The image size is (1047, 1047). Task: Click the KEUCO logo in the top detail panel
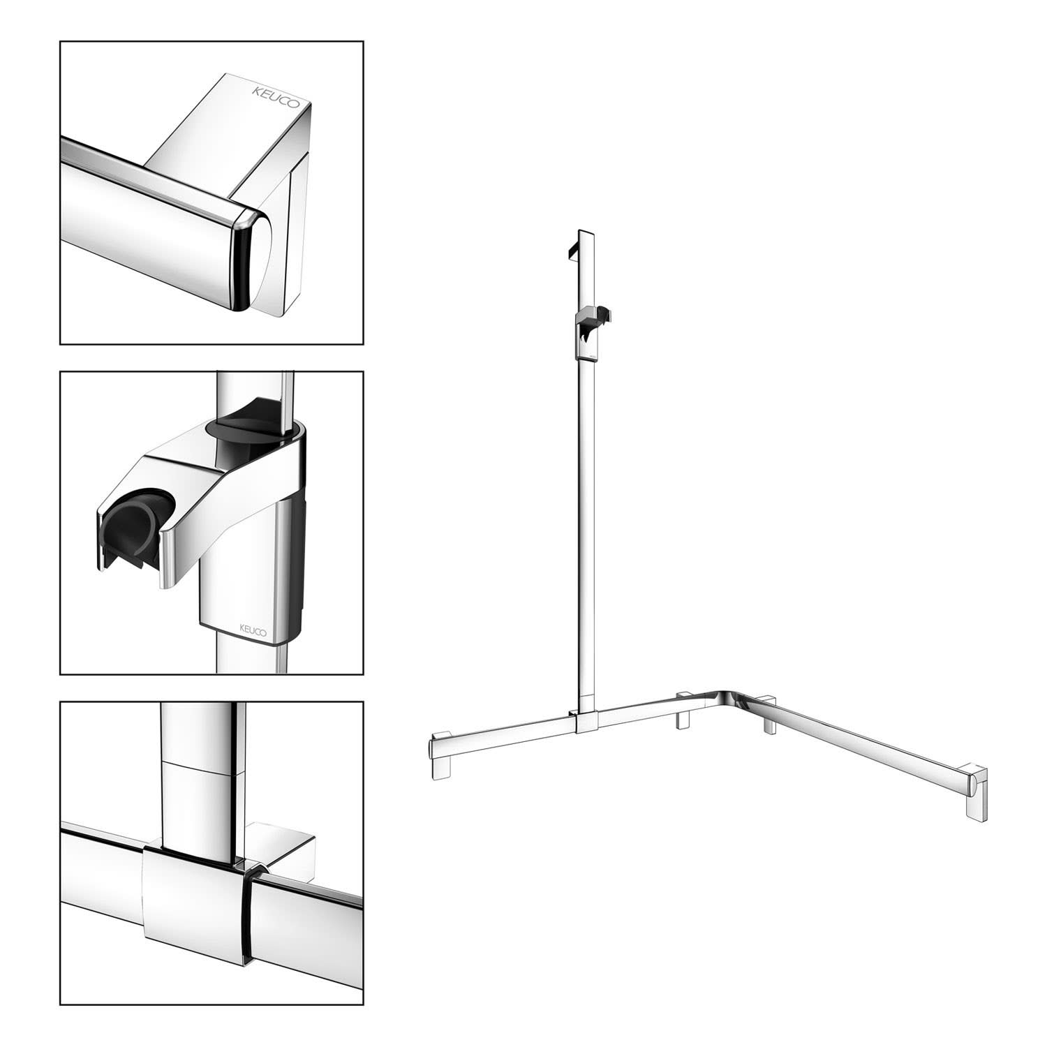coord(276,96)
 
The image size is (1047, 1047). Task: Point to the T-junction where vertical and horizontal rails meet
coord(584,719)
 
